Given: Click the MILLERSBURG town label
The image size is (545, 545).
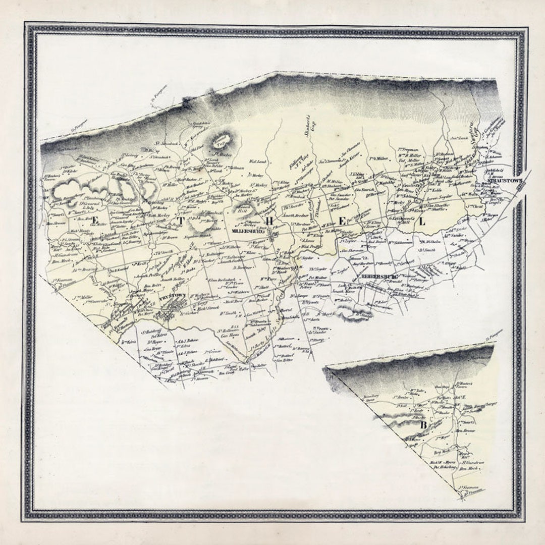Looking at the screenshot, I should point(245,231).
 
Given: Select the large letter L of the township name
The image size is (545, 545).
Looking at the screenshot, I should point(421,221).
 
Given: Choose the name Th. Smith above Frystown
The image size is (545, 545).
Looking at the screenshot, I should point(163,252).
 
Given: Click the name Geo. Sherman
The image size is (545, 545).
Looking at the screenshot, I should point(353,250).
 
